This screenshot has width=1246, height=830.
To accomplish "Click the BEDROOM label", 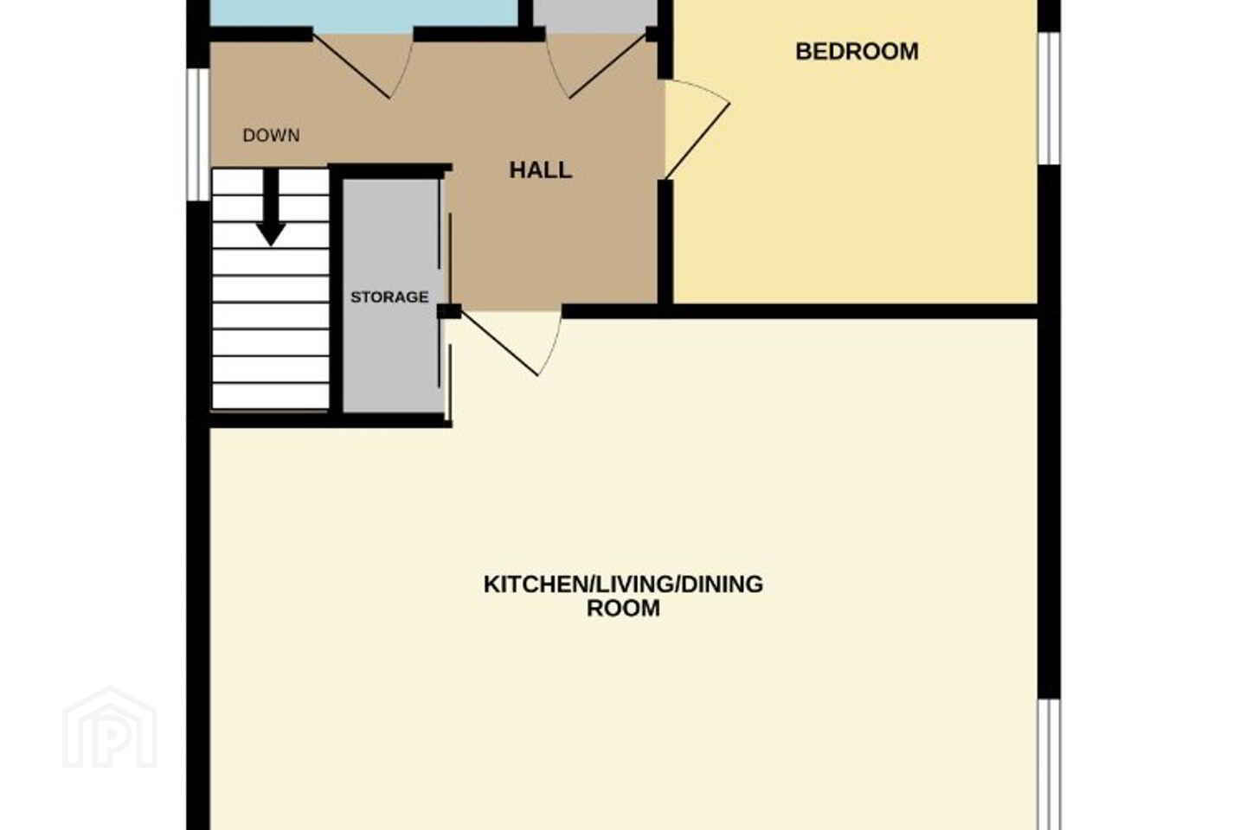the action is point(857,52).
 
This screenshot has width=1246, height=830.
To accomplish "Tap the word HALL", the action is point(541,170).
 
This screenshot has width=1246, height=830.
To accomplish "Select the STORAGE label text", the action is point(389,297).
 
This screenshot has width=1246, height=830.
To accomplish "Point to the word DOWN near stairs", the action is point(272,135).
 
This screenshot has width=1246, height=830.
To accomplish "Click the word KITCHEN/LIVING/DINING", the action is point(623,584).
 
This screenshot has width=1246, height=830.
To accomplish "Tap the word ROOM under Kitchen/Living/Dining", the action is point(623,608).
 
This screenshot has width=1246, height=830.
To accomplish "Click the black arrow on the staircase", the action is point(271,207).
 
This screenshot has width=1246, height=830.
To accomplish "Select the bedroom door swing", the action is point(697,130).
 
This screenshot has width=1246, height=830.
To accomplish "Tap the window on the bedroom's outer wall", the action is point(1049,99).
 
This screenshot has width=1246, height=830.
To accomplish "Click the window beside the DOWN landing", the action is point(197,134).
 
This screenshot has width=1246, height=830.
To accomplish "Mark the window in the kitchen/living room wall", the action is point(1049,764).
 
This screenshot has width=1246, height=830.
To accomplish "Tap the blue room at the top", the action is point(364,13).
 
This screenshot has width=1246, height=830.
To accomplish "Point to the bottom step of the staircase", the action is point(271,396).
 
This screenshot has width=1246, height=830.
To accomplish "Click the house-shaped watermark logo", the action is point(110,727).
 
